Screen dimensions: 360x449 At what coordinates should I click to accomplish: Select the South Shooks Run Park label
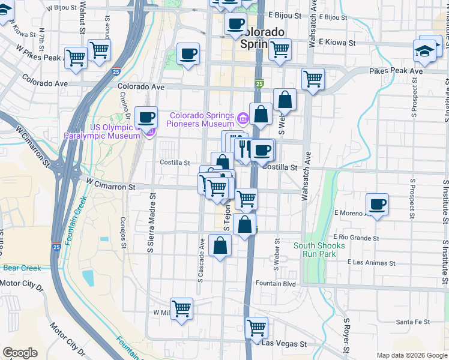319,250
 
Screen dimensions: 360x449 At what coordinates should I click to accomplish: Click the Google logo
20,353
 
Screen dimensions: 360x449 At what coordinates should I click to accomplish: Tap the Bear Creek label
22,268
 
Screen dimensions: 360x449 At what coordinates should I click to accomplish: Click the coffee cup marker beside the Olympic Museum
146,118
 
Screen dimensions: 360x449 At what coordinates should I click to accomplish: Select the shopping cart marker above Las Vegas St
257,328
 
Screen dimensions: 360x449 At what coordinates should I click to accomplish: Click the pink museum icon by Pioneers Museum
243,116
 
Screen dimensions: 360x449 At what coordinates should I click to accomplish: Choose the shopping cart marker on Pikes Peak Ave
313,79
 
